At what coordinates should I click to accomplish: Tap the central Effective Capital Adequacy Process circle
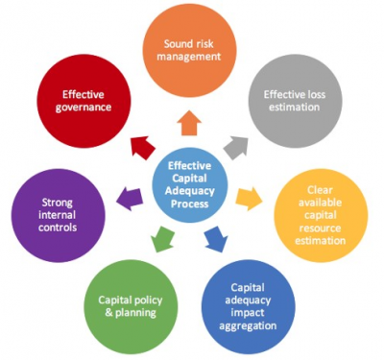pyautogui.click(x=191, y=180)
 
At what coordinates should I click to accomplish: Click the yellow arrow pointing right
pyautogui.click(x=251, y=199)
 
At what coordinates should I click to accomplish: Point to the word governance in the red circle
pyautogui.click(x=84, y=109)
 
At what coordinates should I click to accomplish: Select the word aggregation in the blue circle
pyautogui.click(x=252, y=326)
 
